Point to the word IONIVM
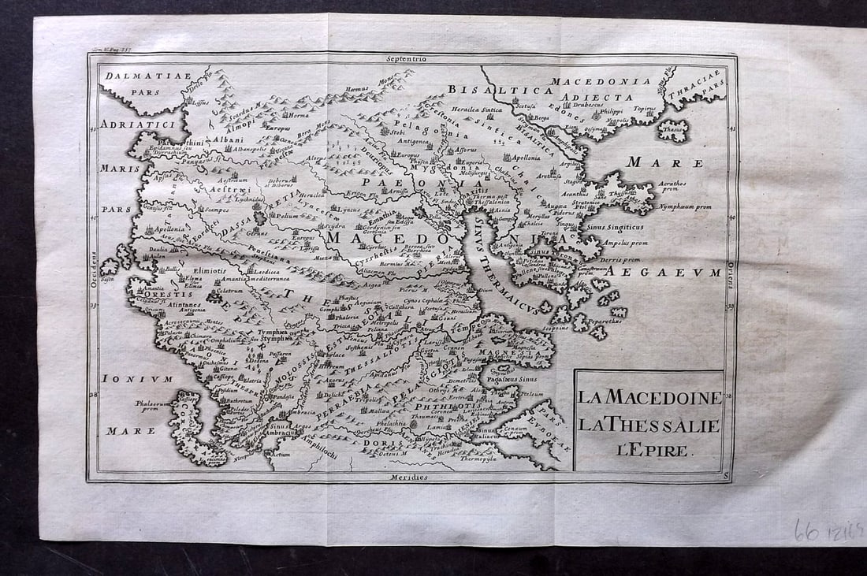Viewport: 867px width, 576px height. pos(138,379)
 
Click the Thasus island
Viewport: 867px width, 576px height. pos(674,130)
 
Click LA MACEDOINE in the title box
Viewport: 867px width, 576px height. pos(649,397)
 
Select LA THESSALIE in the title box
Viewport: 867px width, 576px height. pos(649,425)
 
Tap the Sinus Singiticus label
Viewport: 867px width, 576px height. pos(616,227)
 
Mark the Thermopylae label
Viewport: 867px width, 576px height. pos(480,457)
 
